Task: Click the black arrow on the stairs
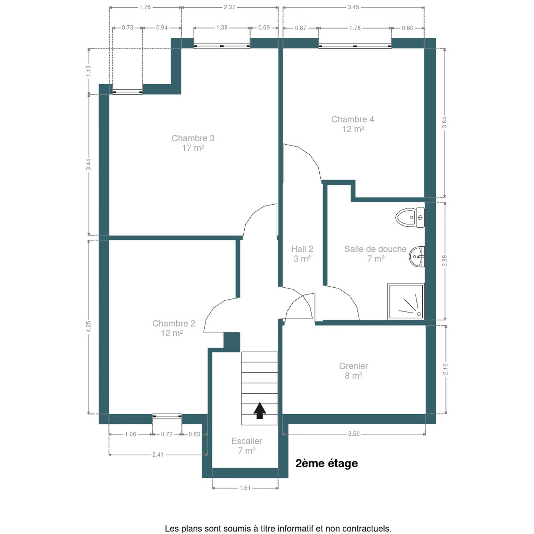coord(259,411)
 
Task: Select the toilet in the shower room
coord(410,218)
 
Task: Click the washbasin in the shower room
coord(417,257)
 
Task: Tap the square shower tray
coord(406,301)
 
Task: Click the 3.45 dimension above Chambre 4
coord(353,7)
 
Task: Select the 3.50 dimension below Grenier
coord(354,434)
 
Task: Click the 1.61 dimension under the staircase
coord(245,488)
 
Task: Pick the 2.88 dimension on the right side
coord(445,261)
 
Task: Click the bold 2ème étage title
coord(326,463)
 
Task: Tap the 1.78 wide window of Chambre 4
coord(355,46)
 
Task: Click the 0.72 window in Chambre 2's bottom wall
coord(167,416)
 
